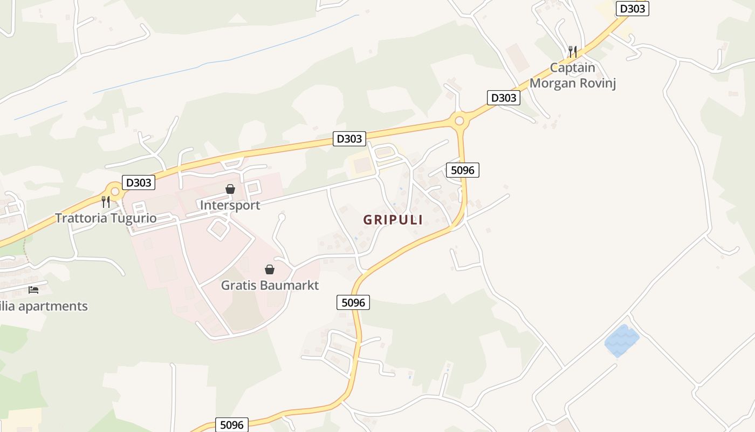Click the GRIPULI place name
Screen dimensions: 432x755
(393, 220)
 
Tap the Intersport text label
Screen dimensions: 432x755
(230, 205)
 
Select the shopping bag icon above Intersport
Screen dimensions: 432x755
(230, 189)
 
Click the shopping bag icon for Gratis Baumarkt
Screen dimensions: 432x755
(270, 269)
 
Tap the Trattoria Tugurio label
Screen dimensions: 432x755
(106, 218)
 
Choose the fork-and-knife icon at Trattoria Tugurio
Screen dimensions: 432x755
(106, 202)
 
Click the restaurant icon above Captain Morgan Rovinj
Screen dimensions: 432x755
(573, 52)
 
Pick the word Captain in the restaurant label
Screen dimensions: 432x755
(573, 68)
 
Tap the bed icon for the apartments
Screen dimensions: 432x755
(33, 290)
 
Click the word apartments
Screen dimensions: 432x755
(53, 306)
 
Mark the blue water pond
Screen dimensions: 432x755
(621, 340)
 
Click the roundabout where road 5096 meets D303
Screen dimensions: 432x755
(459, 121)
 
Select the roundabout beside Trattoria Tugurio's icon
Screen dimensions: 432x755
(114, 191)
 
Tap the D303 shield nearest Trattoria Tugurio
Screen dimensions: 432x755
(139, 183)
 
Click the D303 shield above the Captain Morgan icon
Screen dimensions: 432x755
(632, 9)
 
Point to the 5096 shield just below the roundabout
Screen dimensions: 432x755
(462, 170)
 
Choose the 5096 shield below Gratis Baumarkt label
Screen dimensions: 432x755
(353, 302)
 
